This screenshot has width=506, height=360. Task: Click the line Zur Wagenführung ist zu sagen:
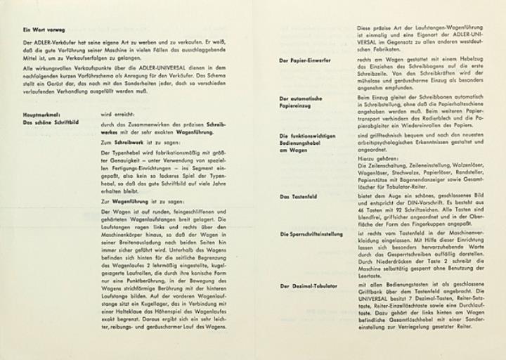click(135, 201)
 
